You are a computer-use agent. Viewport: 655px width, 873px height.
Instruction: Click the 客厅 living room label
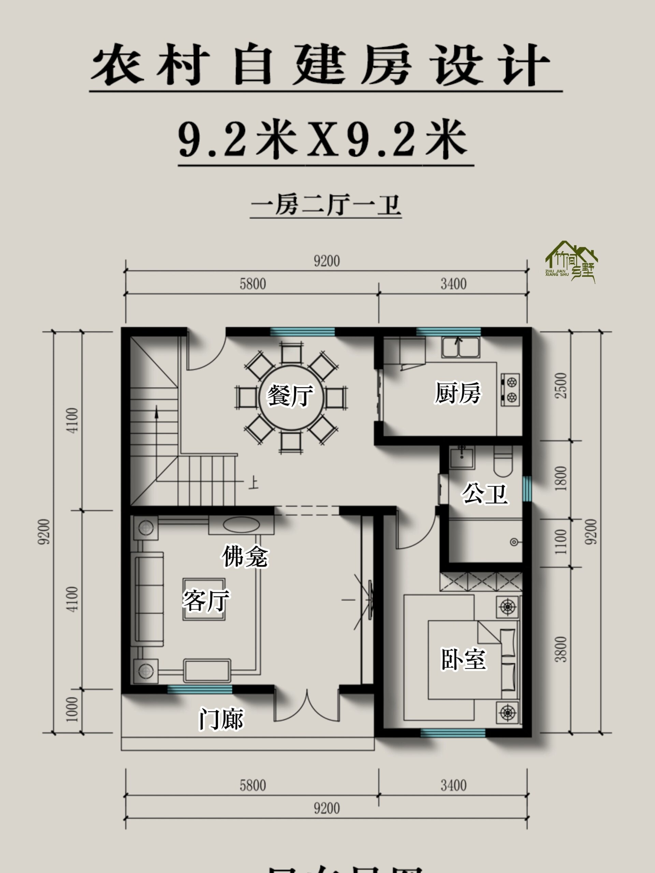coord(205,600)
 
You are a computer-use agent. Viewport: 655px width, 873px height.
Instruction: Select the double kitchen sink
coord(460,347)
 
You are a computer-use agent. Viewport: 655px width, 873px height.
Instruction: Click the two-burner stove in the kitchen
coord(510,389)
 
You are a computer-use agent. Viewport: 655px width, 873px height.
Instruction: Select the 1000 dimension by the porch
coord(72,709)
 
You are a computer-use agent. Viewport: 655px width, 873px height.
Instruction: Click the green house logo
coord(572,261)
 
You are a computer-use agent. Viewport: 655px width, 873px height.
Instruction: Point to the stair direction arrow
coord(157,412)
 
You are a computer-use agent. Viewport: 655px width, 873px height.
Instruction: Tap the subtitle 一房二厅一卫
coord(326,206)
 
